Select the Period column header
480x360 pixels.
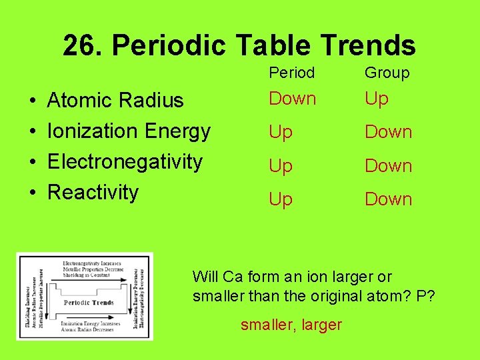[x=292, y=73]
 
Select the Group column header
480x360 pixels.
[x=387, y=73]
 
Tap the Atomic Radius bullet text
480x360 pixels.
[x=115, y=100]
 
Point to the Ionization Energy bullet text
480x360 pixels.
[x=129, y=131]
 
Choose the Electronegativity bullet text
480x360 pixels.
[x=125, y=161]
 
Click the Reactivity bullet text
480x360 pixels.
[x=93, y=192]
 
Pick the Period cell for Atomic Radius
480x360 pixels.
[x=292, y=99]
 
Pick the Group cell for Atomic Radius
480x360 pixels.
[x=376, y=99]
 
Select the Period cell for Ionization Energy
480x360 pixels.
[x=281, y=132]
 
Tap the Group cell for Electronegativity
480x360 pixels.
[x=388, y=165]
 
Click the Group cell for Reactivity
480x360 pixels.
[x=388, y=199]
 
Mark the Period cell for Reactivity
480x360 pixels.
[x=281, y=199]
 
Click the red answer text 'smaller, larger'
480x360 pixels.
[x=291, y=325]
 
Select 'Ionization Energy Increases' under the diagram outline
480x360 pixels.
[x=91, y=323]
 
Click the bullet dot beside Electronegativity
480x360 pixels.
[x=33, y=162]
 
